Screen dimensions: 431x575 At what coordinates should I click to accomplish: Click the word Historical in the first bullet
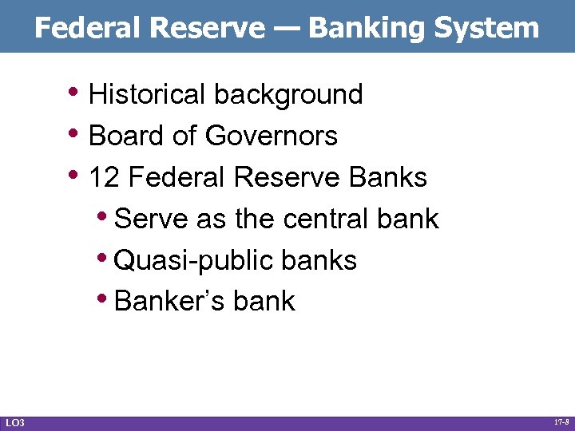click(x=147, y=94)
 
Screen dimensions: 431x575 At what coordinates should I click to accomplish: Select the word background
click(x=288, y=94)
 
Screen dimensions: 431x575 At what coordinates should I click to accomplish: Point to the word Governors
click(x=272, y=136)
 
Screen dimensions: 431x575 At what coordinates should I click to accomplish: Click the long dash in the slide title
click(x=286, y=29)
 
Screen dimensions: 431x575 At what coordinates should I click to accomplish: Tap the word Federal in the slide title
click(x=89, y=29)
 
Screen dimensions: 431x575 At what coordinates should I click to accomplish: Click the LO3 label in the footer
click(x=14, y=421)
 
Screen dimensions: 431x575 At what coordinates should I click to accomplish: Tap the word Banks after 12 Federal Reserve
click(x=389, y=177)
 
